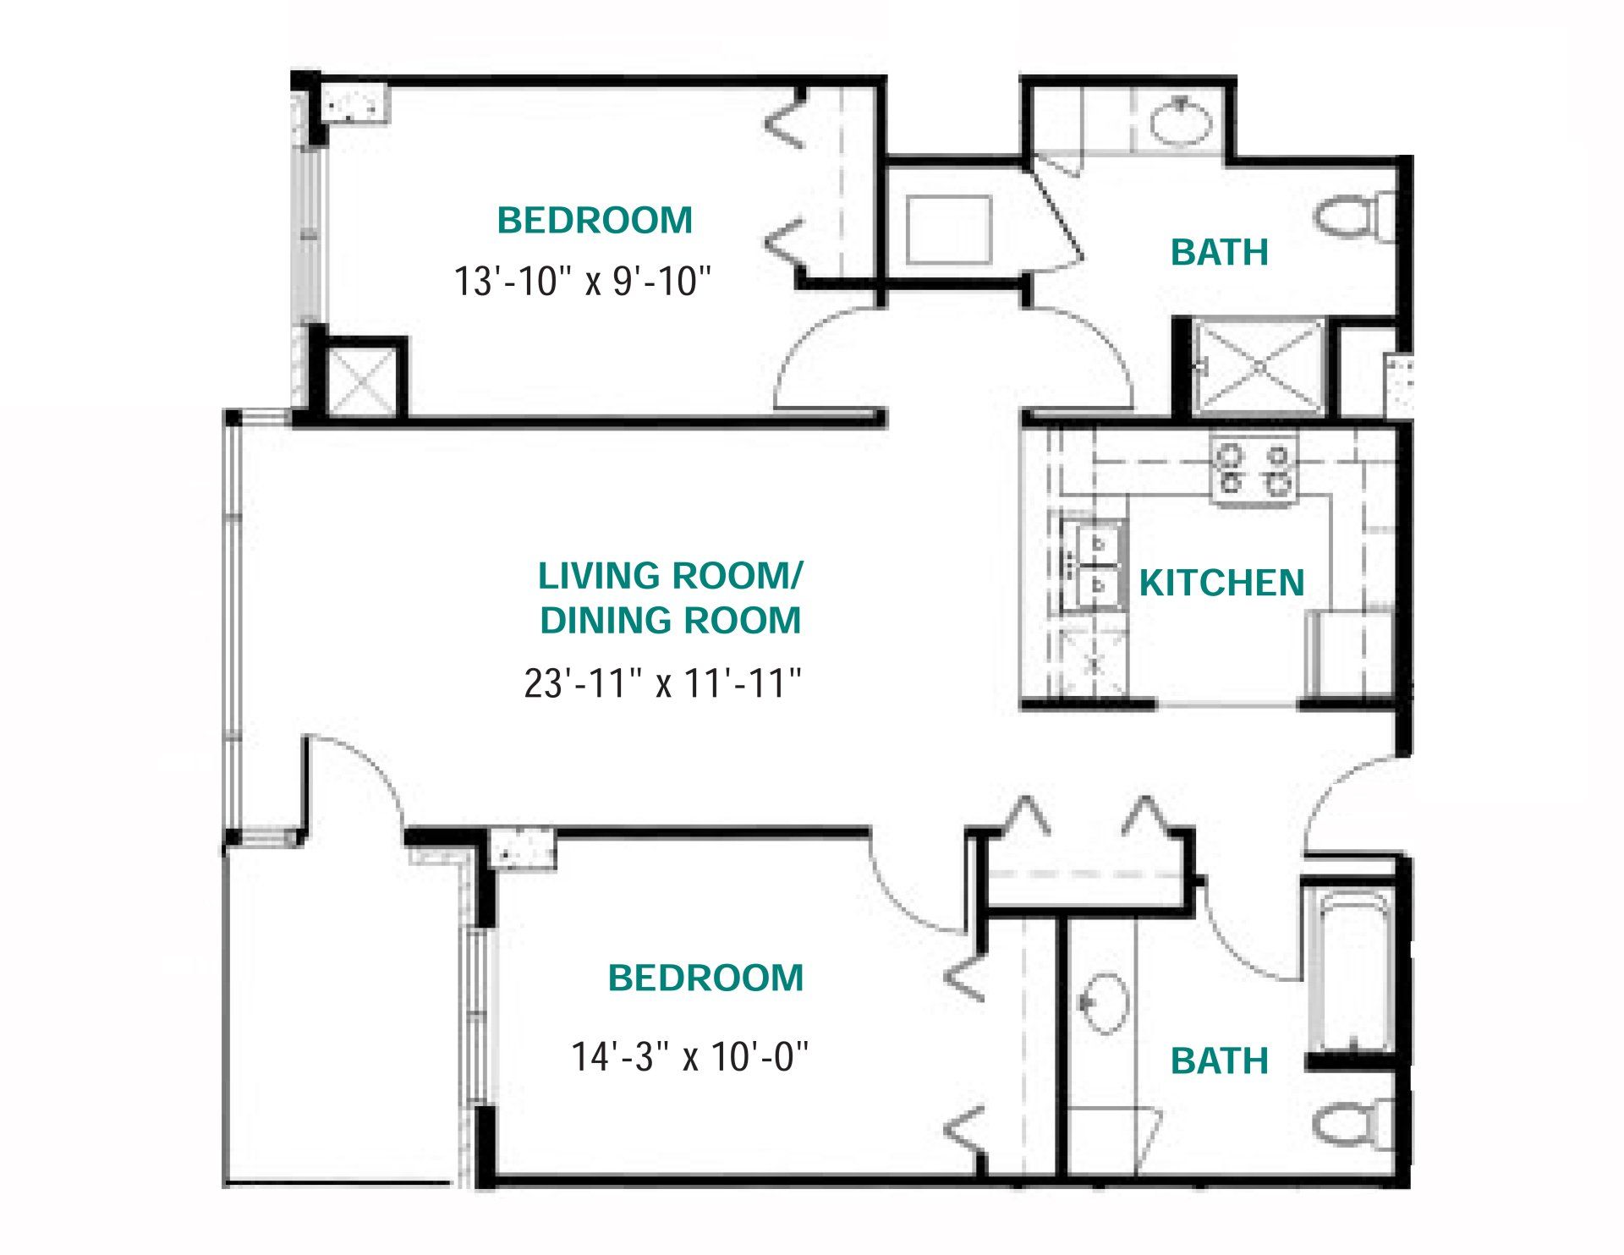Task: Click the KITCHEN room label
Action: tap(1221, 583)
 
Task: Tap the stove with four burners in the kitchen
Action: tap(1254, 471)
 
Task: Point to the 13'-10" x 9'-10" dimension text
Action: tap(583, 281)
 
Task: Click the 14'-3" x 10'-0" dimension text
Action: tap(690, 1056)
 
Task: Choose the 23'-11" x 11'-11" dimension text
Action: tap(663, 682)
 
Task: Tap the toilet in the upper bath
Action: tap(1354, 215)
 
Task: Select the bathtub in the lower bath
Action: tap(1350, 969)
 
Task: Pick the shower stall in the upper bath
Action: tap(1259, 368)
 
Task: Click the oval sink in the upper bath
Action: tap(1182, 122)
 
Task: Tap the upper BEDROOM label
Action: tap(595, 221)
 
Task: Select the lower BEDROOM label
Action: tap(705, 978)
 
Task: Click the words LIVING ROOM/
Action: tap(670, 576)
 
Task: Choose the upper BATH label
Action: tap(1220, 252)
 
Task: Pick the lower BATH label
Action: tap(1220, 1060)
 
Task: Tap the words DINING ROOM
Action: tap(670, 621)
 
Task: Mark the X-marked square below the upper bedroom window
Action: tap(360, 380)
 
